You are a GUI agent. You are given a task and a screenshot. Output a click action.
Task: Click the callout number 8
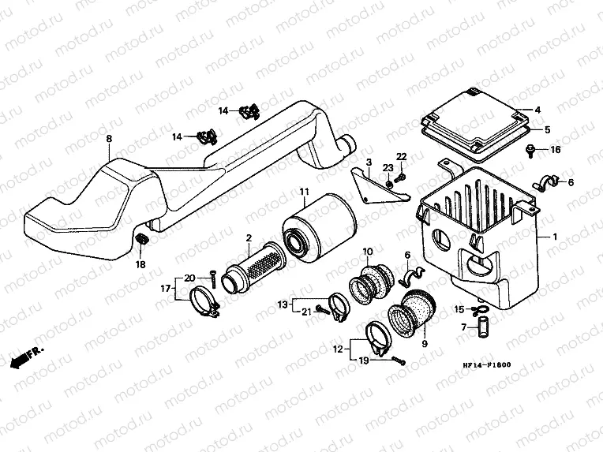point(109,138)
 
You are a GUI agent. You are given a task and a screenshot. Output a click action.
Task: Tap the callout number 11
point(305,191)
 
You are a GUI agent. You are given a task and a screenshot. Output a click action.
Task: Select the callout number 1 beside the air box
point(555,237)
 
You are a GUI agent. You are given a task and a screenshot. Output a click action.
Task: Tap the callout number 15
point(459,309)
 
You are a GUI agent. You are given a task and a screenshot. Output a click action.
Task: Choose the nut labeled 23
point(389,185)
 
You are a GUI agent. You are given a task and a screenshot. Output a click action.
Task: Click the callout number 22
point(402,156)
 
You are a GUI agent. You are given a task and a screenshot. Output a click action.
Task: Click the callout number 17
point(166,288)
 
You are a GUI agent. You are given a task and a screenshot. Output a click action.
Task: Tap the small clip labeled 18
point(142,238)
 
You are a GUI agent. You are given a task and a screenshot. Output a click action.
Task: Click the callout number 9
point(425,343)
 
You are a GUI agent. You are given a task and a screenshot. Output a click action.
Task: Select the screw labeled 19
point(399,360)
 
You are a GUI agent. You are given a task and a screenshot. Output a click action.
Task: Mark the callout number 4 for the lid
point(537,110)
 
